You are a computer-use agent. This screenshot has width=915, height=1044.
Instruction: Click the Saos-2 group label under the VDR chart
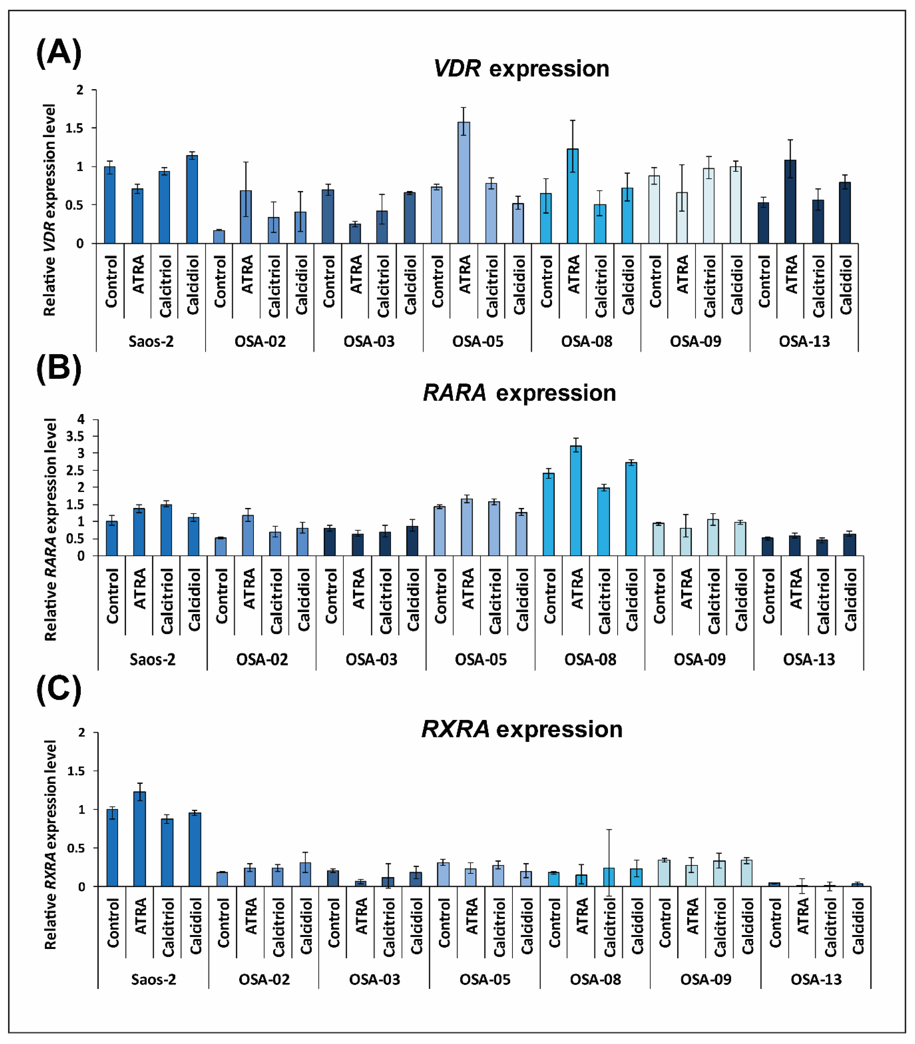(151, 341)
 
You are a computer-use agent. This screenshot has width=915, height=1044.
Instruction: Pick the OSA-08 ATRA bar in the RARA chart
(576, 501)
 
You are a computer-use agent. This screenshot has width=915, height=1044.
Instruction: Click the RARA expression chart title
(520, 393)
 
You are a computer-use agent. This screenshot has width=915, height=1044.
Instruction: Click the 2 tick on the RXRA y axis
(82, 732)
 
